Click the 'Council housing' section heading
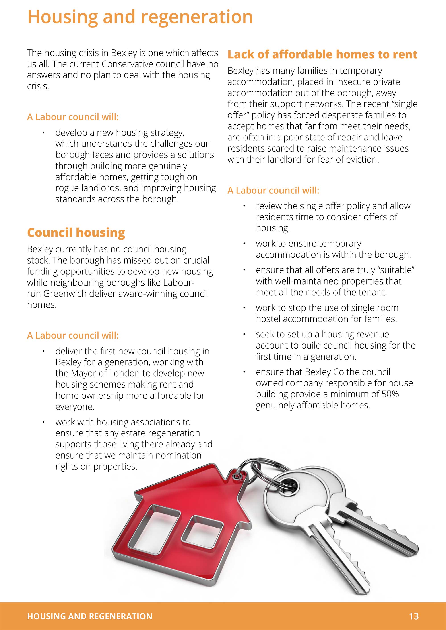click(x=76, y=232)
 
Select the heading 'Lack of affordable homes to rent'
click(x=322, y=54)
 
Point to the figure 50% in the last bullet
click(x=390, y=394)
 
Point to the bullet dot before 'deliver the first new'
click(x=43, y=351)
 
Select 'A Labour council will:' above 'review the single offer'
click(x=273, y=190)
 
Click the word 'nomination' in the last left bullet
click(x=178, y=455)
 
